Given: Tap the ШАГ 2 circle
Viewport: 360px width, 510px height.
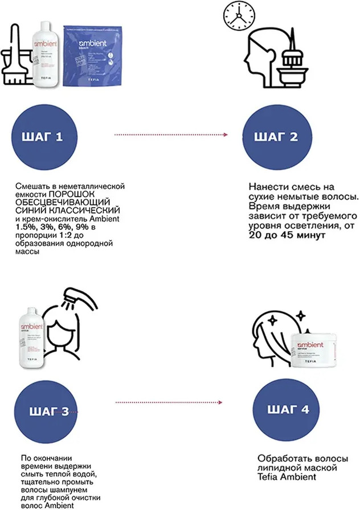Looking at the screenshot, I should pyautogui.click(x=278, y=137).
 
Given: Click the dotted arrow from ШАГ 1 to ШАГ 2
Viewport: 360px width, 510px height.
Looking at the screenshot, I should pyautogui.click(x=171, y=135).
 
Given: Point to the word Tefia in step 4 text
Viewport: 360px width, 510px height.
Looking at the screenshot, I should pyautogui.click(x=270, y=476).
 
